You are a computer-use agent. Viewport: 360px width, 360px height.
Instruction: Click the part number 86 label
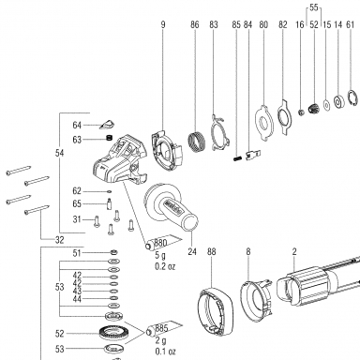(194, 24)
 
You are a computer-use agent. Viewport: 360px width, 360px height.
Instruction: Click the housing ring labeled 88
(216, 311)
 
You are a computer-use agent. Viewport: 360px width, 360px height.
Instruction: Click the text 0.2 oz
(165, 266)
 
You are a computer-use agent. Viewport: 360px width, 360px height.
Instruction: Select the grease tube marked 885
(163, 329)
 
